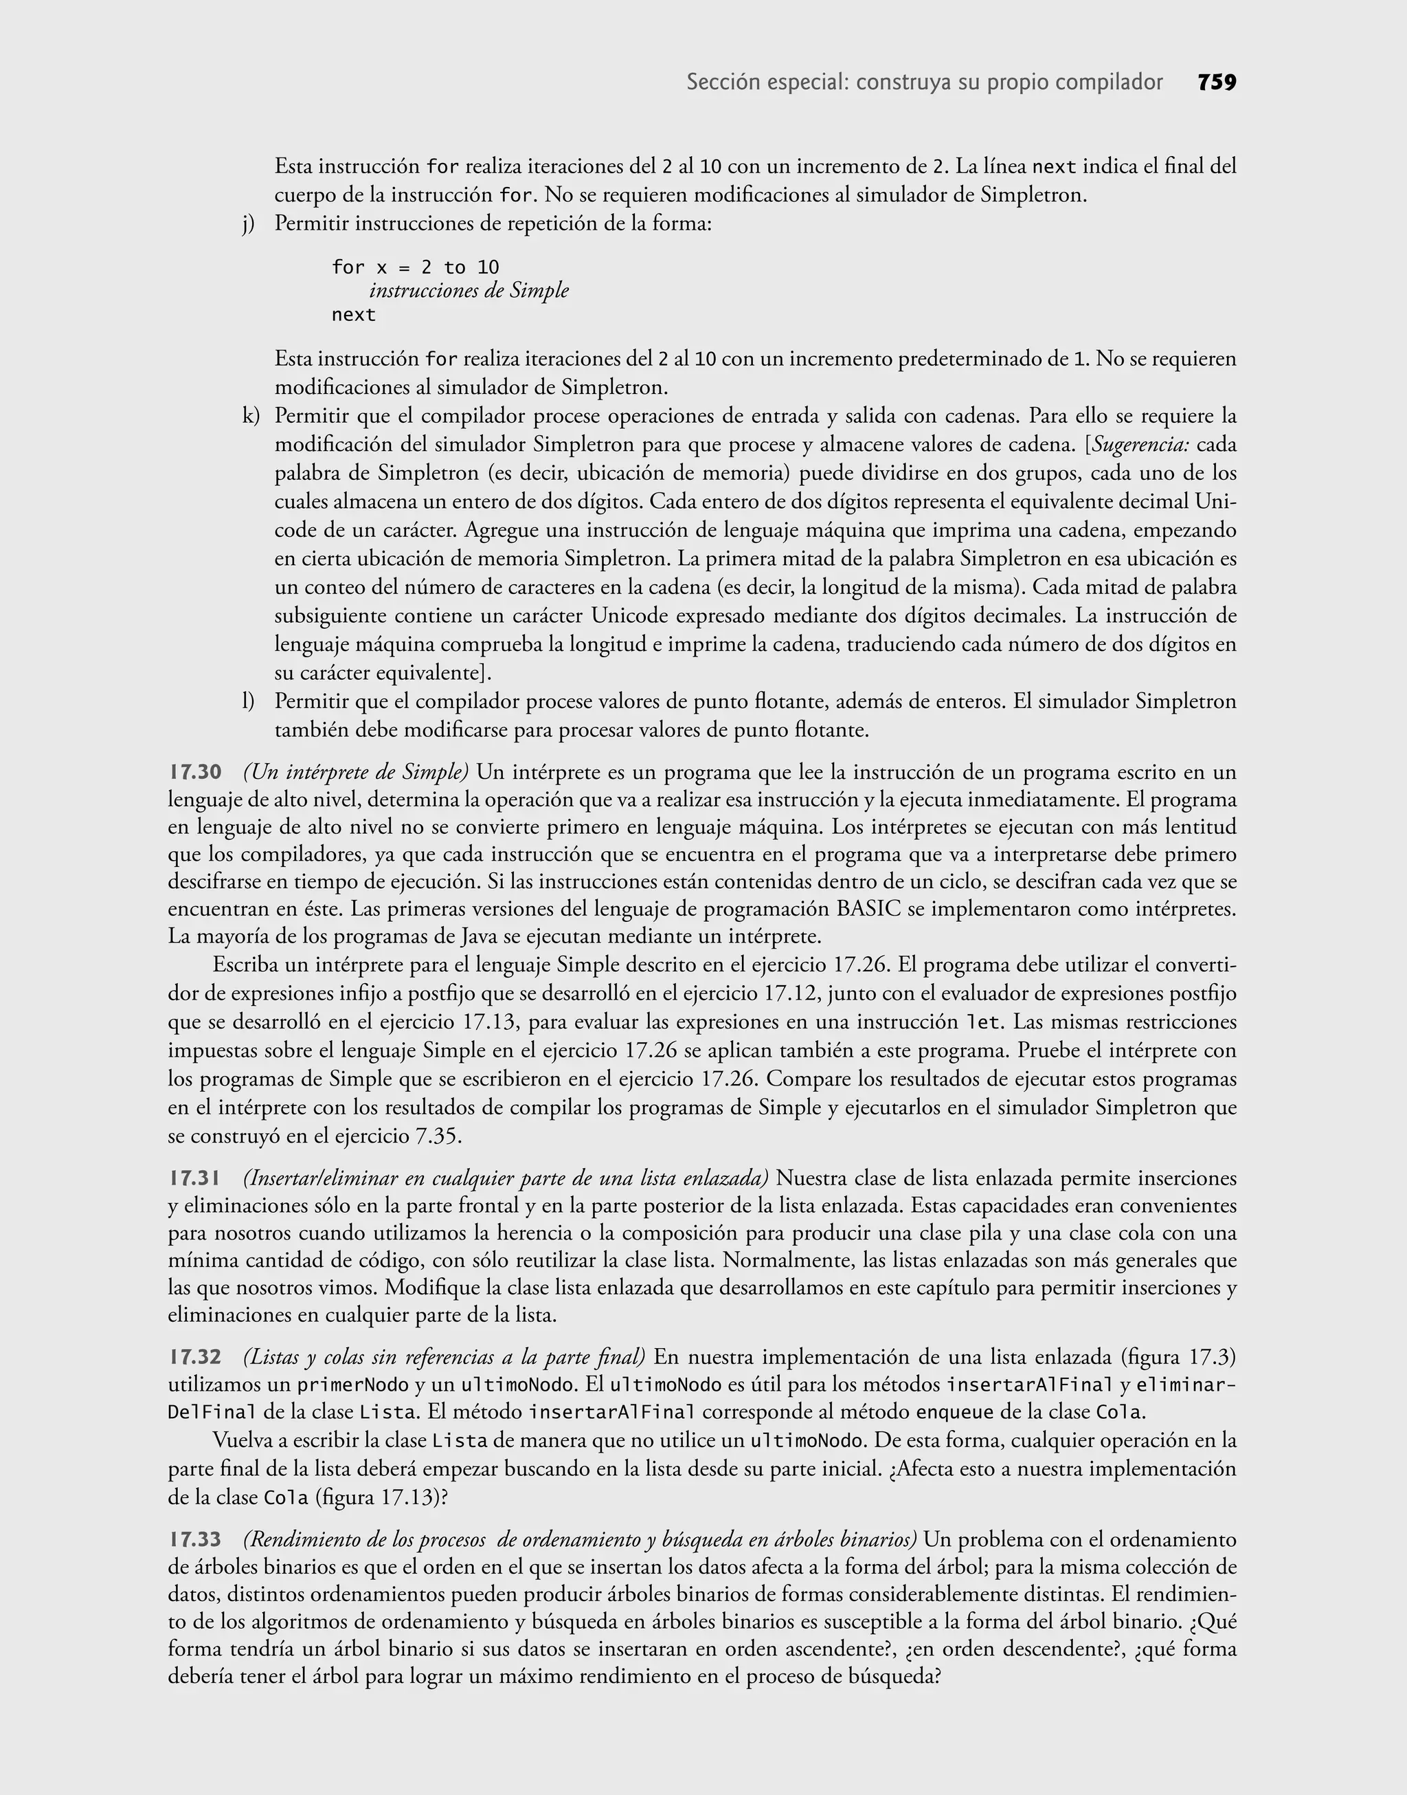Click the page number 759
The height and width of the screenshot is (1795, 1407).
[x=1216, y=82]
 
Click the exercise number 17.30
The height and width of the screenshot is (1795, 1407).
[x=195, y=772]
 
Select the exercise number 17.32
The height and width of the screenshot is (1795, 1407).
[x=195, y=1356]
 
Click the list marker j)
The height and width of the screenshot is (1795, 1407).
[x=249, y=223]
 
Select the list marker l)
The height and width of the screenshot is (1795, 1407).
[x=248, y=701]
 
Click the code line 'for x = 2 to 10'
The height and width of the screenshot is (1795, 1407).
[x=415, y=267]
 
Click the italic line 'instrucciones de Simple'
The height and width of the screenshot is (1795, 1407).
[x=469, y=291]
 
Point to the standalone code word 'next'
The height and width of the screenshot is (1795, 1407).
[x=353, y=315]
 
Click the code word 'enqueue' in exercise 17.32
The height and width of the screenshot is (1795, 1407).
[x=955, y=1413]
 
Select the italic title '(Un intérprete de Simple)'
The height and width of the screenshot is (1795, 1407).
[x=356, y=772]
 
